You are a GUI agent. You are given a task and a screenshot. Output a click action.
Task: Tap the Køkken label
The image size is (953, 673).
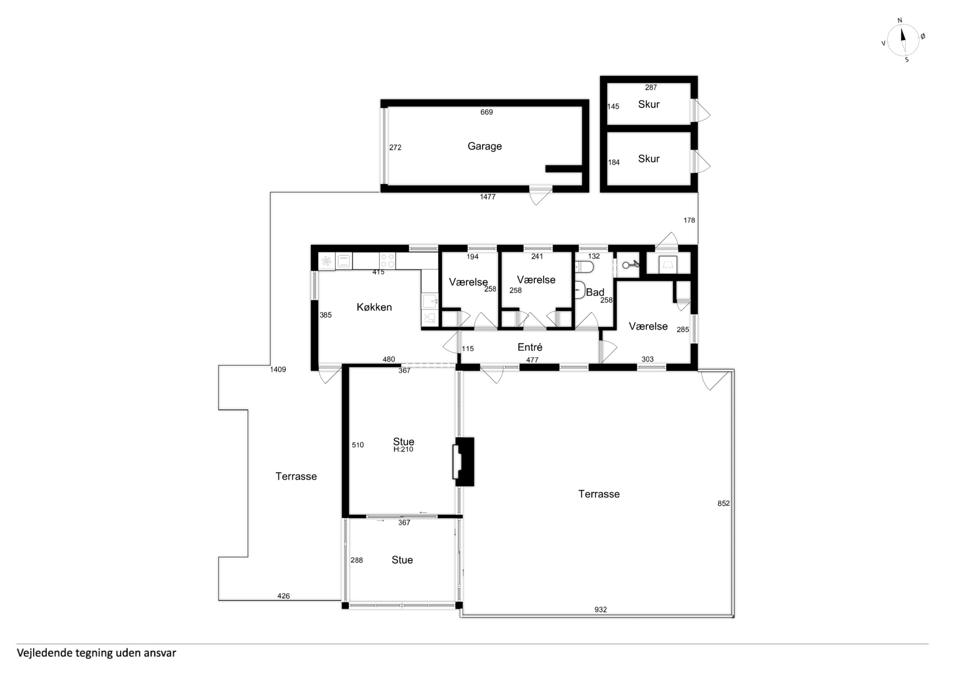point(374,307)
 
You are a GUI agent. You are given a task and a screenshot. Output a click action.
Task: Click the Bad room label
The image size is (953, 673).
point(595,292)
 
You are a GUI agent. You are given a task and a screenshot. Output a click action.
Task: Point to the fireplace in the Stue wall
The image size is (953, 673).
point(464,462)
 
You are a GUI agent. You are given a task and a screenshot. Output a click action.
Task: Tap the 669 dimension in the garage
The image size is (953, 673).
point(486,112)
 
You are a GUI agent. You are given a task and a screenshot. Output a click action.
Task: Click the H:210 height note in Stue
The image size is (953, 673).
point(403,449)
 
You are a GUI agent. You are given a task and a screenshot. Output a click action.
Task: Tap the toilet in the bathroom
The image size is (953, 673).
point(584,267)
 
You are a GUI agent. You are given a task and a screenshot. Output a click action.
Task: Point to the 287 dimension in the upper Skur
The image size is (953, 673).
point(651,87)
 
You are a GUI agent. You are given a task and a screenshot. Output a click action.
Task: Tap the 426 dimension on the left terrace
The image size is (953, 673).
point(283,595)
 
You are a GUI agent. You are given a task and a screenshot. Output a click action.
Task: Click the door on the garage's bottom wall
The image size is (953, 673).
point(541,195)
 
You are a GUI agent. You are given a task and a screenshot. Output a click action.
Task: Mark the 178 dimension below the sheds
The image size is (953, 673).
point(689,220)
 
